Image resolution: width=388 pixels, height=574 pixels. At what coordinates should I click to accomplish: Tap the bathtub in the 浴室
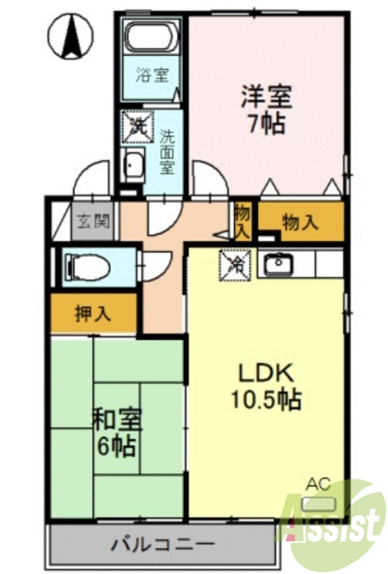151,36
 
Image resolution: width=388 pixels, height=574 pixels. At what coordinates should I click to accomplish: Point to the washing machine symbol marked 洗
136,128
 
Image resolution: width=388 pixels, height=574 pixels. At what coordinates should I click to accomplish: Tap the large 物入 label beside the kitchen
300,222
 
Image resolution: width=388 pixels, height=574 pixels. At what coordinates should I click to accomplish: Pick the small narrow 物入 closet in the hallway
242,222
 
